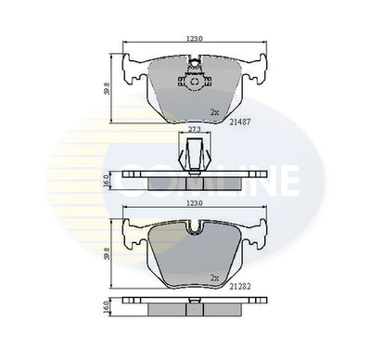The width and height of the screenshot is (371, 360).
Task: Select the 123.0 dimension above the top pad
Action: coord(192,40)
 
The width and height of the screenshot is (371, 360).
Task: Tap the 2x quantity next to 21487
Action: coord(214,112)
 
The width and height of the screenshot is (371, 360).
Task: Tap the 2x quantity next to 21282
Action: coord(214,277)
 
